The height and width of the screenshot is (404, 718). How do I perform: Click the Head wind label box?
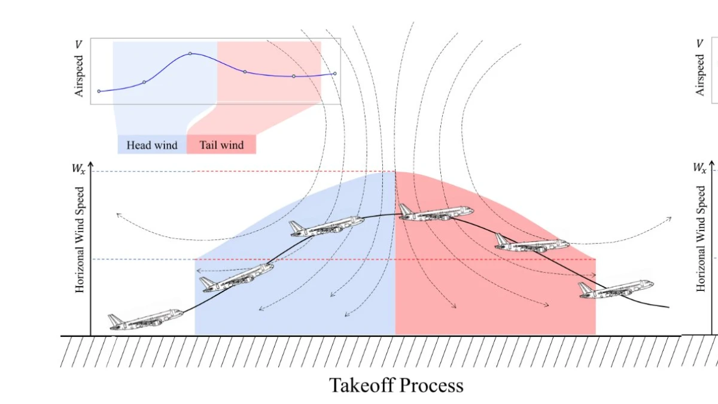152,145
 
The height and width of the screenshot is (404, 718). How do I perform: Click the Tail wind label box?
221,145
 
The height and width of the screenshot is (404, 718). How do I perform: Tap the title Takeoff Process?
396,385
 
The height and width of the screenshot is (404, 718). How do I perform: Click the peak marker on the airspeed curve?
190,53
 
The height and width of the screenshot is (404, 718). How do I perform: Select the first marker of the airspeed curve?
99,92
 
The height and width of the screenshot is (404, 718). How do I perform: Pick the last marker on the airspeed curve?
334,74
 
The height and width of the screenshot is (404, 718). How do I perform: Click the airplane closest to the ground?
146,320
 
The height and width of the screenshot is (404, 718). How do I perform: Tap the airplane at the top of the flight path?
436,213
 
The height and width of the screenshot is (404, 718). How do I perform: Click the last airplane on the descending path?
616,289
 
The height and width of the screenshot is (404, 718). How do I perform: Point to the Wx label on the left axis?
78,168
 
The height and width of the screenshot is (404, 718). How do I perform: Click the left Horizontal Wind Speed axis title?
79,240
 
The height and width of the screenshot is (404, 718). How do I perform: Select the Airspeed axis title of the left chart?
78,76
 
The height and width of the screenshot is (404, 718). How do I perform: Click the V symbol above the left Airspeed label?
78,44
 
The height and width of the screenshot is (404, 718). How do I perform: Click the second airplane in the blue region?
327,226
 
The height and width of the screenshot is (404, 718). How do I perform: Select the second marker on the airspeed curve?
144,82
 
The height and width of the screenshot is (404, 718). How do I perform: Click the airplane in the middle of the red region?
532,243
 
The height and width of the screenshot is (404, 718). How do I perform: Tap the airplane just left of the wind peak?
327,226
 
